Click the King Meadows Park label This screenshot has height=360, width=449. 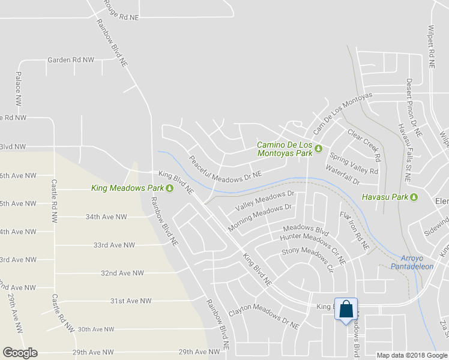click(x=128, y=188)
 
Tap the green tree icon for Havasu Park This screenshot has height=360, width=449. click(x=414, y=197)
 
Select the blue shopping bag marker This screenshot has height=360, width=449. click(x=346, y=310)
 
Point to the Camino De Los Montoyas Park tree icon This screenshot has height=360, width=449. click(x=319, y=149)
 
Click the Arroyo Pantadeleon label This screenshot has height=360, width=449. click(x=412, y=262)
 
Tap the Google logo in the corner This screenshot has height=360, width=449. click(x=20, y=353)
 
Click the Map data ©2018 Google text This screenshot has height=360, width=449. click(x=412, y=355)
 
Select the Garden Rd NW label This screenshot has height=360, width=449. click(x=71, y=60)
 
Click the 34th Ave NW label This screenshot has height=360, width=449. click(x=106, y=217)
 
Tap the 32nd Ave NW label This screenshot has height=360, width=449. click(x=122, y=273)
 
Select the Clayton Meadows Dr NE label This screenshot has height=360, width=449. click(x=264, y=319)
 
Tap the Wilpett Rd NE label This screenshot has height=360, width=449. click(x=431, y=46)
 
